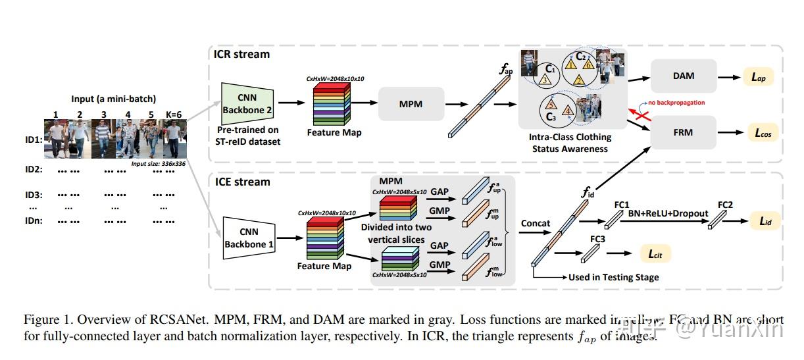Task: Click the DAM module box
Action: click(683, 76)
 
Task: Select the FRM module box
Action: click(683, 132)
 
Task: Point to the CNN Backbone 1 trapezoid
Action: click(249, 238)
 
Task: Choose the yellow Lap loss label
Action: click(758, 76)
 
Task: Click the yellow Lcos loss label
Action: click(761, 132)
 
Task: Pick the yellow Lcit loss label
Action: click(655, 252)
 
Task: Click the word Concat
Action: click(535, 223)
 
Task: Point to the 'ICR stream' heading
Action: click(241, 54)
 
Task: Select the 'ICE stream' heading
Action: click(241, 182)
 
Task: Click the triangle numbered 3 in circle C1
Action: click(545, 79)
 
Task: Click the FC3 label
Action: click(597, 238)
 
